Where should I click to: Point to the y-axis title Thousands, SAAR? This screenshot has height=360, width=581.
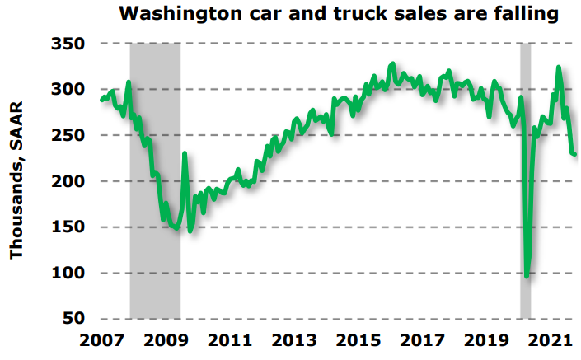pos(16,180)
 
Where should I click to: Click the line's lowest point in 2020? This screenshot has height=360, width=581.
pos(527,276)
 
